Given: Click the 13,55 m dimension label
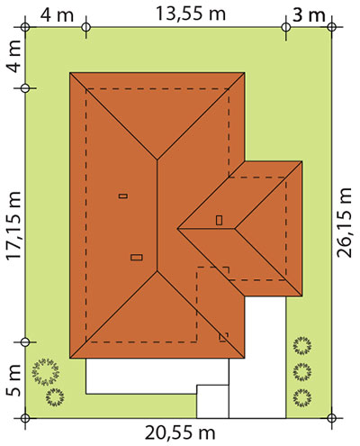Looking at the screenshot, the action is tap(191, 14).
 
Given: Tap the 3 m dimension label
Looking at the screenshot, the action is tap(309, 14).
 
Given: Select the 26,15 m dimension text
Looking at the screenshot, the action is tap(344, 223).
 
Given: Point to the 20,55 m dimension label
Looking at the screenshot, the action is tap(180, 433).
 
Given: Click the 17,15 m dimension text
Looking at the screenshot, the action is tap(13, 225).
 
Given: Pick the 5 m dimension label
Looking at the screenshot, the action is tap(13, 380).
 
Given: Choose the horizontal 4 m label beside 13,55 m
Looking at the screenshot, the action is tap(57, 14).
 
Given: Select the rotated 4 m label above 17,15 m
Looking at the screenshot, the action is tap(13, 56).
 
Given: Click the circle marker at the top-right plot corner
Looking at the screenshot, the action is tap(331, 27).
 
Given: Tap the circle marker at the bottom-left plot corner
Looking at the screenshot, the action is tap(25, 418).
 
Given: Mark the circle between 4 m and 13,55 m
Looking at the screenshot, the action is tap(86, 27).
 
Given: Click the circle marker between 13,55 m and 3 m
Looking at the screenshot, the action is tap(286, 27).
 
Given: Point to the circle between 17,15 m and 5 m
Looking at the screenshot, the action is tap(25, 342).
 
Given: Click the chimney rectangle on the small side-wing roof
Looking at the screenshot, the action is tap(220, 220).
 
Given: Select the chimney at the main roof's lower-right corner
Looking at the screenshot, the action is tap(223, 337).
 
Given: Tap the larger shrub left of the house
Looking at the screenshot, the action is tap(46, 372).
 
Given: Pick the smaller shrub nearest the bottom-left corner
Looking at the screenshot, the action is tap(55, 397).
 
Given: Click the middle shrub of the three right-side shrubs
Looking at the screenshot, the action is tap(302, 372).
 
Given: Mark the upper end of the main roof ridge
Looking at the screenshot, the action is tap(157, 159).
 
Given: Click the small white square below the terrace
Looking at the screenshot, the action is tap(212, 401).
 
